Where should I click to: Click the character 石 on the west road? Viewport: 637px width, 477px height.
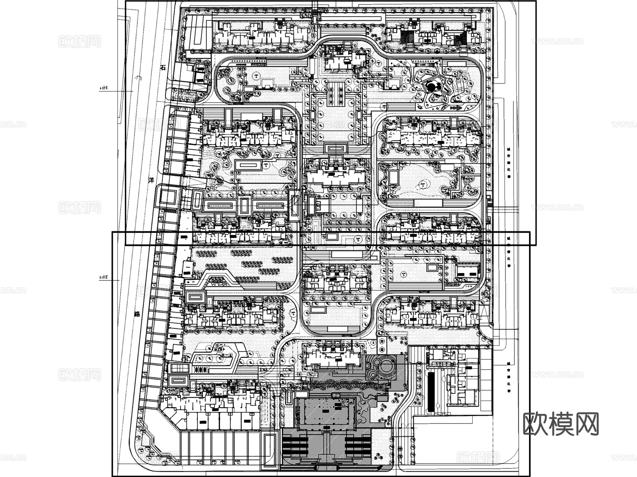pyautogui.click(x=163, y=68)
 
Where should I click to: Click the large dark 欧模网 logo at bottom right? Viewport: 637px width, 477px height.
pyautogui.click(x=561, y=424)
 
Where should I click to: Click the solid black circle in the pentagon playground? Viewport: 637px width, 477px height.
pyautogui.click(x=431, y=85)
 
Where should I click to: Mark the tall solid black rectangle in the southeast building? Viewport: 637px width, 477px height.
pyautogui.click(x=431, y=392)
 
